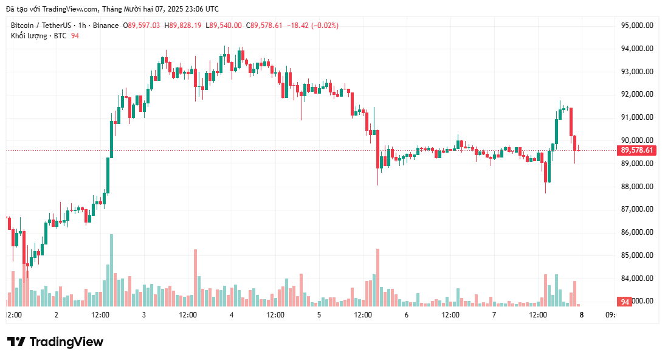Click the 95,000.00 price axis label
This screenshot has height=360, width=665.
pyautogui.click(x=637, y=26)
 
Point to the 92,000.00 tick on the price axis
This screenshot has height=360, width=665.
pyautogui.click(x=637, y=94)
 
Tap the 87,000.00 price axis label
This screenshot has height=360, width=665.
pyautogui.click(x=637, y=209)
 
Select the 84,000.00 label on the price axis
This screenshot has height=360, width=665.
pyautogui.click(x=637, y=279)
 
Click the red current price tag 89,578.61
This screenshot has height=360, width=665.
pyautogui.click(x=636, y=150)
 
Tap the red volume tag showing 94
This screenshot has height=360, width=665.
pyautogui.click(x=624, y=302)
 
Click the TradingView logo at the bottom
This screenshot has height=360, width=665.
pyautogui.click(x=55, y=342)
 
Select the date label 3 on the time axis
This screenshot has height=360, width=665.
pyautogui.click(x=144, y=315)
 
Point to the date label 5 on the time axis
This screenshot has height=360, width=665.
pyautogui.click(x=319, y=315)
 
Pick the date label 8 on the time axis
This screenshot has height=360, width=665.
pyautogui.click(x=582, y=315)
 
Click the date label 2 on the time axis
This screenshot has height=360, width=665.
pyautogui.click(x=57, y=315)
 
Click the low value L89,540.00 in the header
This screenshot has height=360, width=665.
pyautogui.click(x=224, y=26)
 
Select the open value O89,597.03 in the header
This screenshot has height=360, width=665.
pyautogui.click(x=142, y=26)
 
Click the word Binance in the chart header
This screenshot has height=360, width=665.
pyautogui.click(x=106, y=26)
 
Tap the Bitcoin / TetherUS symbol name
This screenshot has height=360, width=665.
pyautogui.click(x=39, y=26)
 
